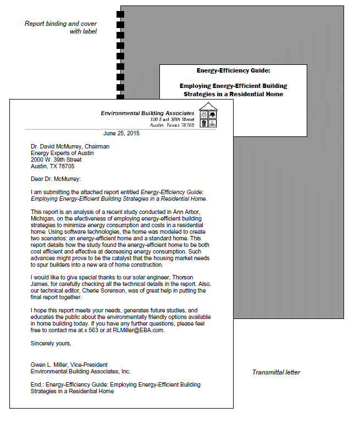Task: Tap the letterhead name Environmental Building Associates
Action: point(147,113)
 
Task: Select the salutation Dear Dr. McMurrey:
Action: point(56,178)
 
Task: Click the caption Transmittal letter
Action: point(276,372)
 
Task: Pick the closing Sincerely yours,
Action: point(51,343)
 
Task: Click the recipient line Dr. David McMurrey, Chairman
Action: point(70,146)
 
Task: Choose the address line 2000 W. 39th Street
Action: point(56,159)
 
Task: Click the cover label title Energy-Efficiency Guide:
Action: point(233,70)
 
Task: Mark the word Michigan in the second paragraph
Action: point(45,218)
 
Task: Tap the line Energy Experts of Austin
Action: point(62,153)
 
